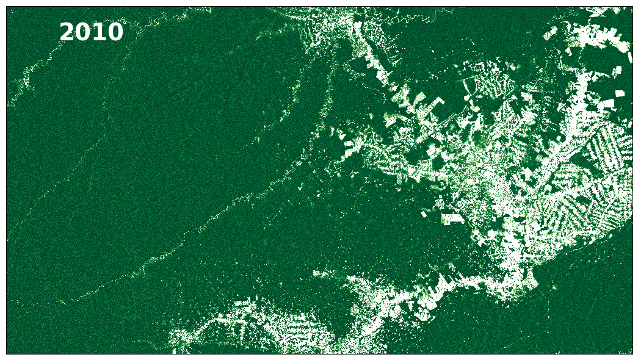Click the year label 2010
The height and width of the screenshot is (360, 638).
[91, 32]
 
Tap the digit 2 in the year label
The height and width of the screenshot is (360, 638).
[67, 32]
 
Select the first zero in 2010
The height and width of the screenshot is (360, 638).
[99, 32]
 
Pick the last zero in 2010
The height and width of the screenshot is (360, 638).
[115, 32]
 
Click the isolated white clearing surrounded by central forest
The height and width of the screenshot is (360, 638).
[452, 218]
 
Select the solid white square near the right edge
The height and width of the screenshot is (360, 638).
[620, 93]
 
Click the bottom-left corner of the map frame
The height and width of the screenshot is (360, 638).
[7, 353]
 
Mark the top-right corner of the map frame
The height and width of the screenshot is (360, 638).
[633, 7]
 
